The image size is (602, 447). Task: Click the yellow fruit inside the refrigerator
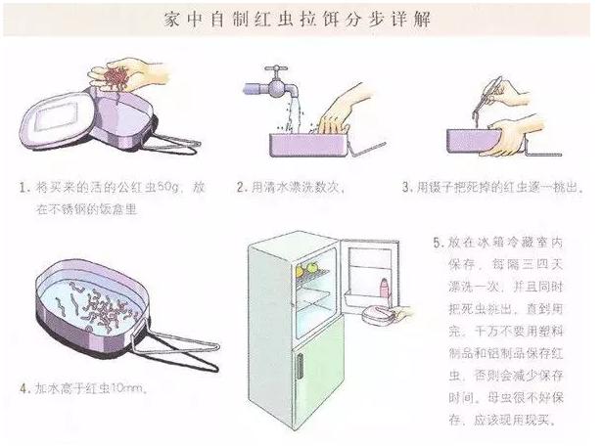(316, 265)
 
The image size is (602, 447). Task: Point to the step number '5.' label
(438, 240)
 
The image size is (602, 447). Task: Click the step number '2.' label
(239, 186)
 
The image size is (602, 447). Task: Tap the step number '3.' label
(407, 186)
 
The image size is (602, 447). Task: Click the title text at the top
(300, 20)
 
